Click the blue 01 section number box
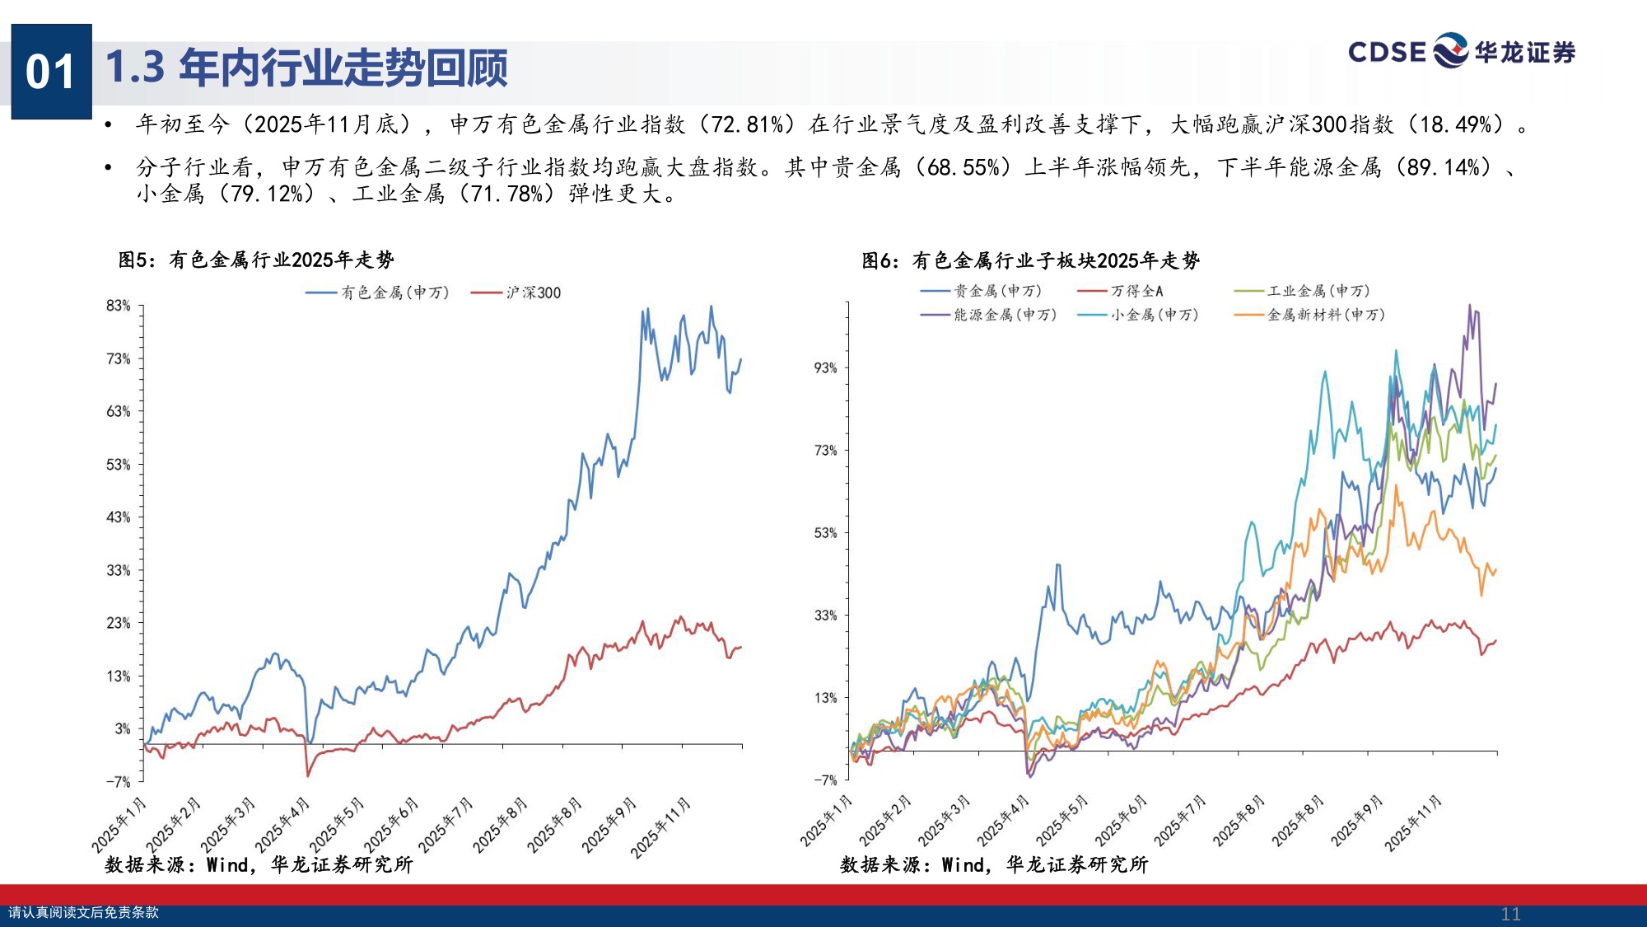coord(51,72)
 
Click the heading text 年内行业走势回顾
coord(343,68)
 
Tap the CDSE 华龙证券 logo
coord(1461,51)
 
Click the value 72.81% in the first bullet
coord(747,124)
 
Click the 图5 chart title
coord(256,260)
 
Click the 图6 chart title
coord(1030,261)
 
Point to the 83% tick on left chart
coord(119,306)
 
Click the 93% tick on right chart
coord(825,368)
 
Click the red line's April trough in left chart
coord(308,775)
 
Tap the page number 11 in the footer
coord(1510,914)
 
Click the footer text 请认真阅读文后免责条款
coord(83,912)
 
